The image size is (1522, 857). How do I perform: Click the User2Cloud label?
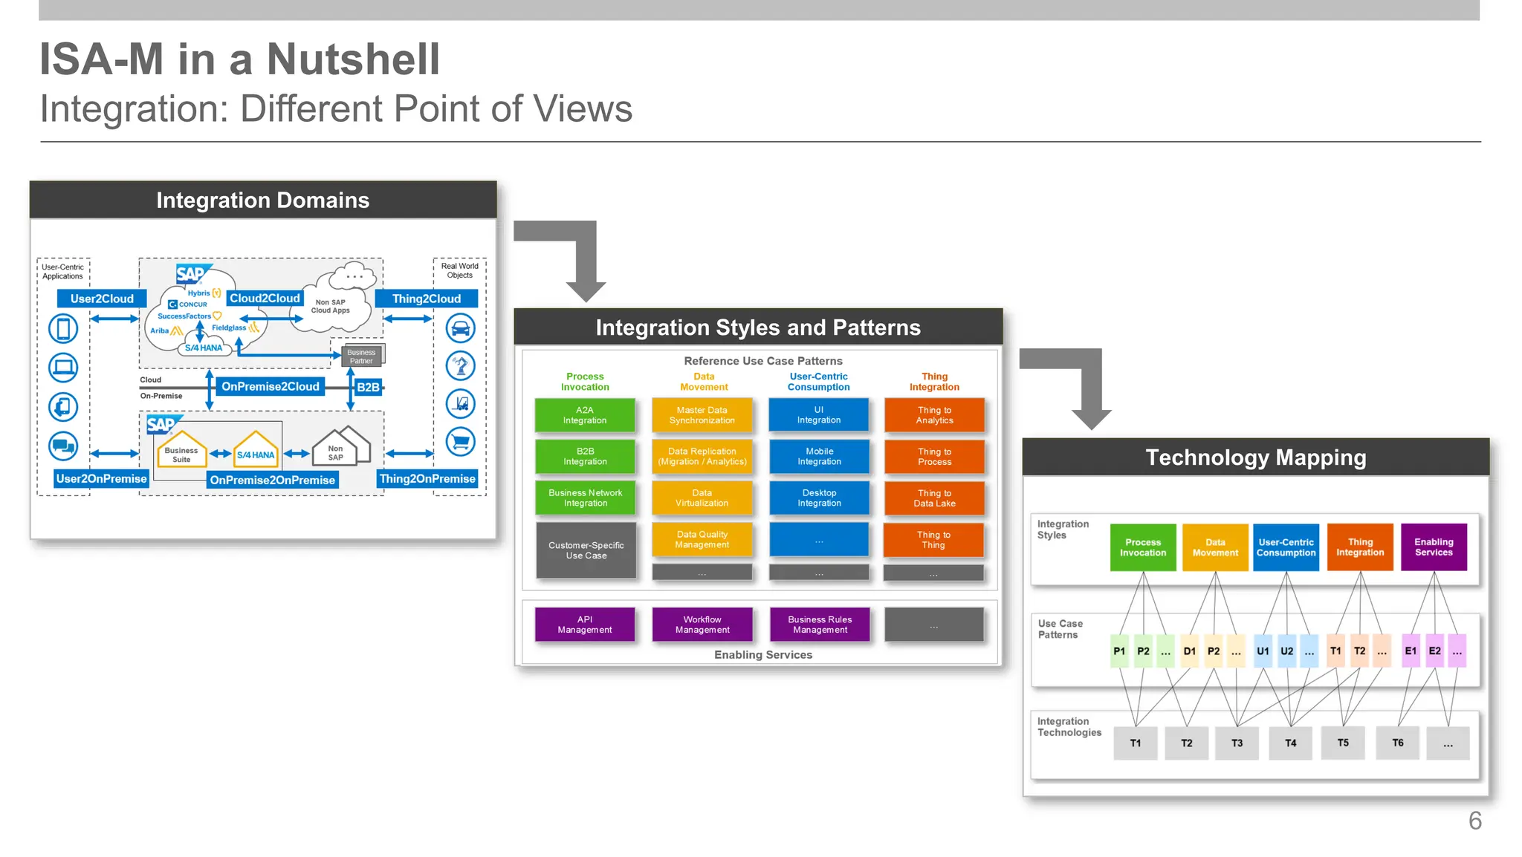coord(102,299)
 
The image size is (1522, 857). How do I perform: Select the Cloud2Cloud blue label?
coord(265,298)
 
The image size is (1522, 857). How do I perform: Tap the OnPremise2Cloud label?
coord(270,386)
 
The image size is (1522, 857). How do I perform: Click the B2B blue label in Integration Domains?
coord(368,387)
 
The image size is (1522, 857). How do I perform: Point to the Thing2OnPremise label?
coord(427,479)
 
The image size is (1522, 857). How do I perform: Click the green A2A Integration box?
coord(585,415)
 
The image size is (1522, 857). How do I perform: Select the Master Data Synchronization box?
coord(702,415)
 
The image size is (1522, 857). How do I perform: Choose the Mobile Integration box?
coord(819,457)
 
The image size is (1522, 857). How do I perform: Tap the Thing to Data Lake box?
coord(934,498)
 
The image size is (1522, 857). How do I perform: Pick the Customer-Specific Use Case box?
coord(586,550)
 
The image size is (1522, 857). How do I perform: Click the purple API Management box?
coord(585,625)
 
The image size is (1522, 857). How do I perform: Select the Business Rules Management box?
coord(820,625)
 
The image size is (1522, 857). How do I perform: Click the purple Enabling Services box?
coord(1434,547)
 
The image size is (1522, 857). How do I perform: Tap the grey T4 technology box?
coord(1291,743)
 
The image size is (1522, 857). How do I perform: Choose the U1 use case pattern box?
coord(1263,651)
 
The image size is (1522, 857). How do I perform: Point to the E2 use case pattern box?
coord(1434,651)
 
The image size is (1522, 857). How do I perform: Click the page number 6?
coord(1475,821)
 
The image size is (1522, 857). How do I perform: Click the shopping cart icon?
coord(460,442)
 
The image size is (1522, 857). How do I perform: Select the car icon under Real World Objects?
coord(460,328)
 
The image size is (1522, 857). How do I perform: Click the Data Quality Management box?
coord(702,540)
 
